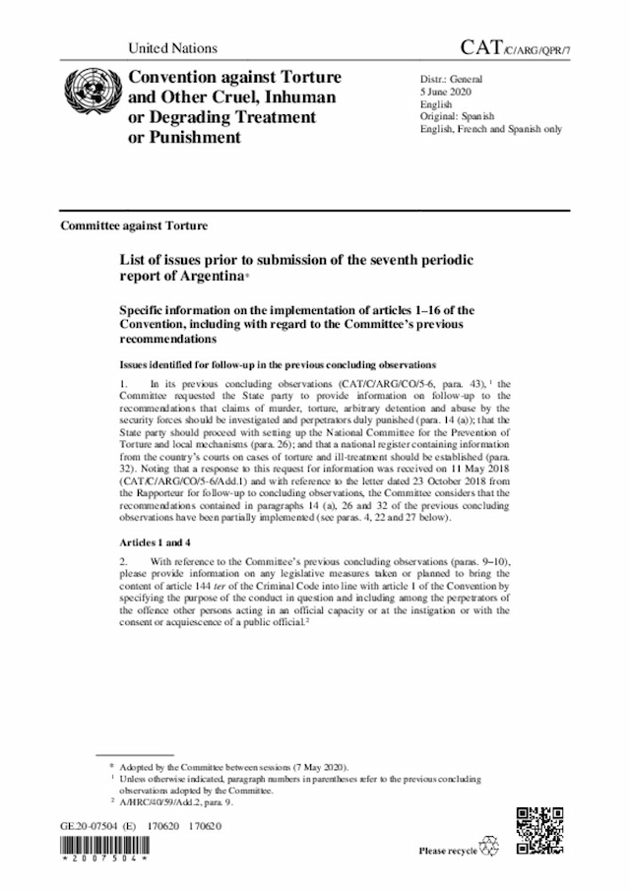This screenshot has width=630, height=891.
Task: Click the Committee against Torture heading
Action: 134,225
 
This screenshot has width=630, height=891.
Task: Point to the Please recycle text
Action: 448,851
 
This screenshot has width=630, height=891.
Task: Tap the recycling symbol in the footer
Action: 489,847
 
